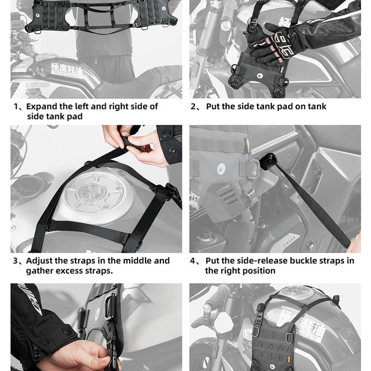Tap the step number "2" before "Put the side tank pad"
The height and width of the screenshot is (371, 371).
coord(194,106)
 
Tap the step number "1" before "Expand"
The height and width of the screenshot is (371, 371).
coord(16,106)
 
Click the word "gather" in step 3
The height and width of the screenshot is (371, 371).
coord(41,271)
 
